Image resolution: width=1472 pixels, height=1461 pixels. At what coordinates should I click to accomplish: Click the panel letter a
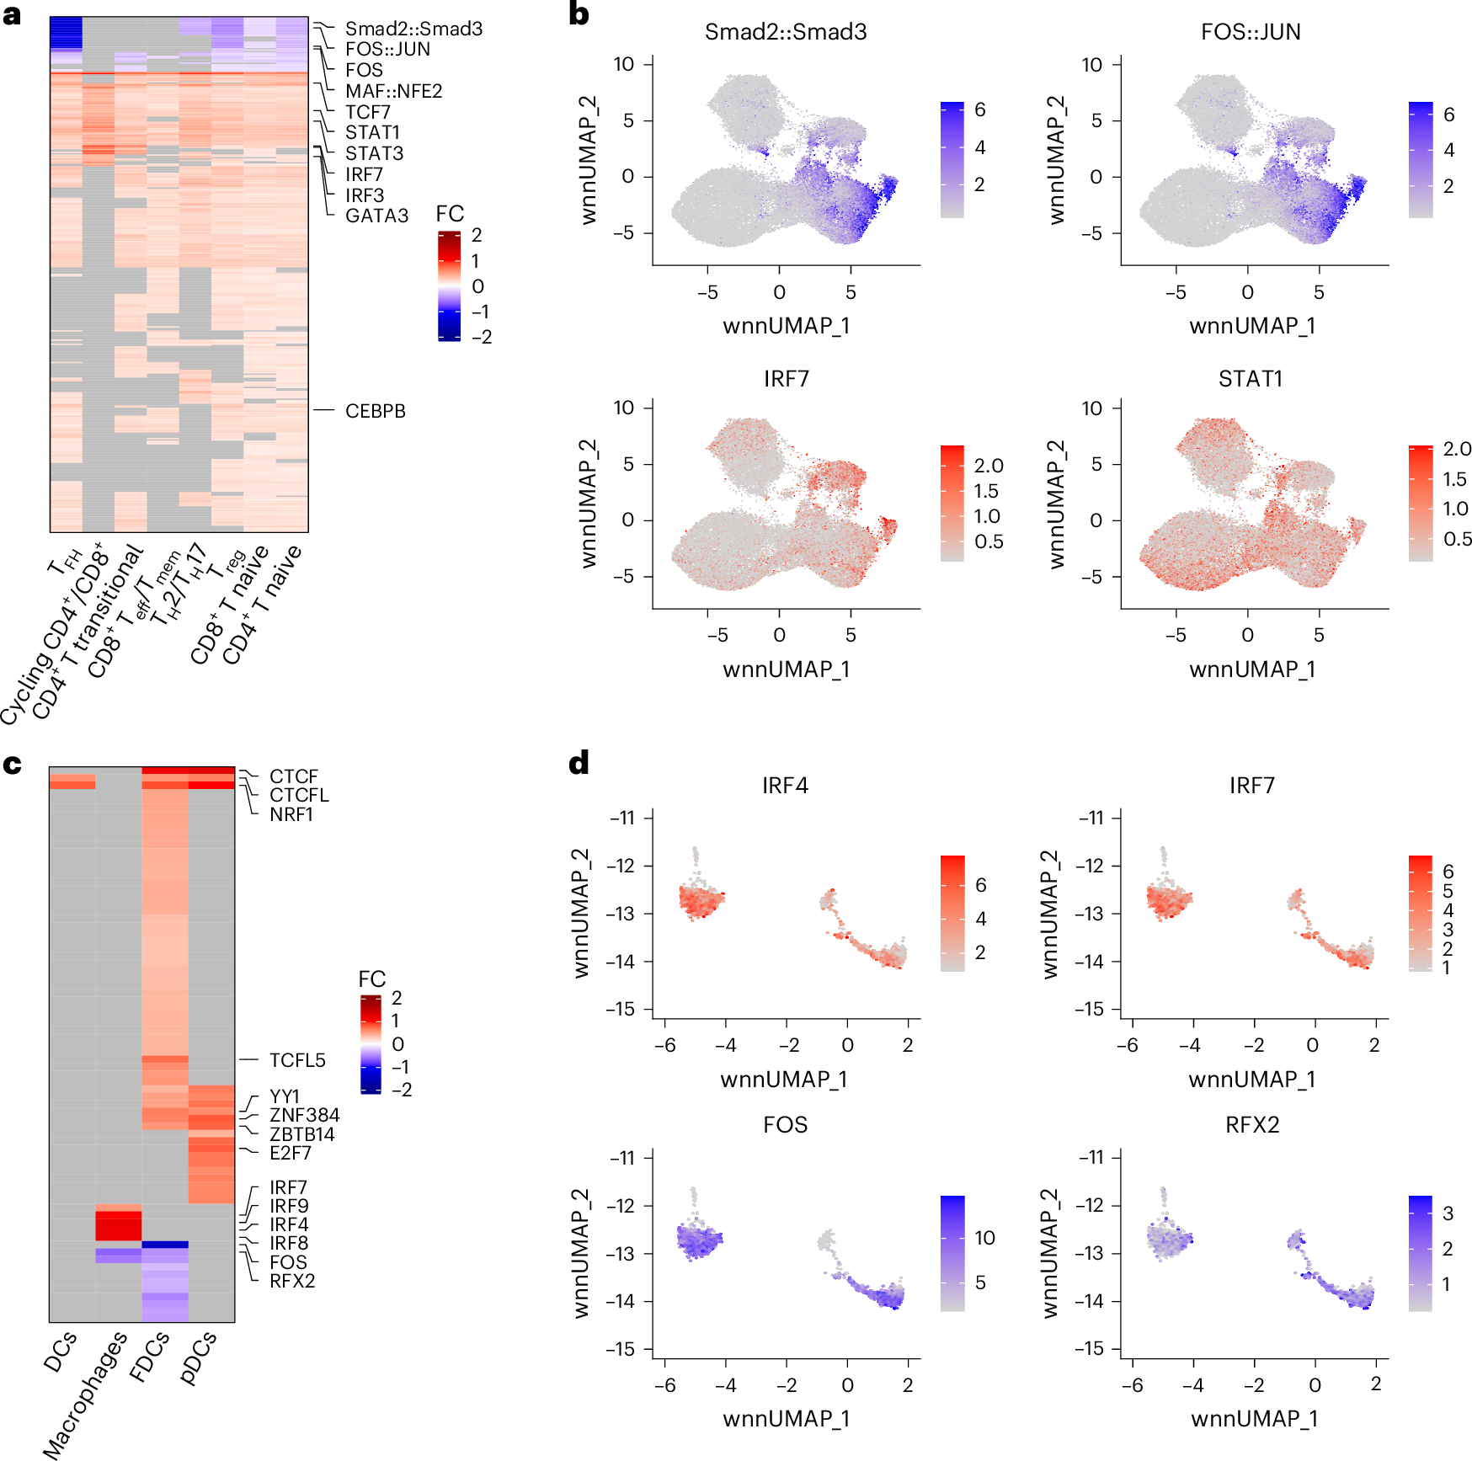[12, 15]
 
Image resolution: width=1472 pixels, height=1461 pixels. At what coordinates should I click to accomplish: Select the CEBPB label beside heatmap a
[375, 411]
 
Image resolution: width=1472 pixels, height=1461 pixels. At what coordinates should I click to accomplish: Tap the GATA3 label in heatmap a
[376, 216]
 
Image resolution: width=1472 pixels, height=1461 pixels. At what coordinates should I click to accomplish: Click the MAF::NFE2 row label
[393, 91]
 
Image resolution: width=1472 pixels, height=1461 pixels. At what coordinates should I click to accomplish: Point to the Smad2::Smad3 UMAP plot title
[785, 32]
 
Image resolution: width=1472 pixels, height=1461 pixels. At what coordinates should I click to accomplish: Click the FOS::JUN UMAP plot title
[1251, 32]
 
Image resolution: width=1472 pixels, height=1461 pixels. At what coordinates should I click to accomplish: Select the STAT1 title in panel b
[1251, 379]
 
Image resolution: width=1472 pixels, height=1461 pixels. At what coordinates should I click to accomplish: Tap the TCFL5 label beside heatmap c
[297, 1060]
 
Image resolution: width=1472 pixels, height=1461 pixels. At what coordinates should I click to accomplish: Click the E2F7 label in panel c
[290, 1153]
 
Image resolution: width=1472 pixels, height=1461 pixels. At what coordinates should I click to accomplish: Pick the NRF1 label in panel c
[291, 814]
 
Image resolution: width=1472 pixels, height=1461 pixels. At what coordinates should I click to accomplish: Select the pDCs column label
[199, 1357]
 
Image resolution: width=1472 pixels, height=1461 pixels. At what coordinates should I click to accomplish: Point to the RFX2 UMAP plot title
[1251, 1125]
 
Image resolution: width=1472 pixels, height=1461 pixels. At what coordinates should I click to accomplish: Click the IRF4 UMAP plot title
[785, 786]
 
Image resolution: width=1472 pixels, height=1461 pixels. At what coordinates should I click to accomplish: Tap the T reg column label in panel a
[227, 563]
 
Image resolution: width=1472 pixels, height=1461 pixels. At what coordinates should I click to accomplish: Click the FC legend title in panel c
[371, 979]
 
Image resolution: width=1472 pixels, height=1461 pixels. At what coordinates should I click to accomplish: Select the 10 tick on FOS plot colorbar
[984, 1238]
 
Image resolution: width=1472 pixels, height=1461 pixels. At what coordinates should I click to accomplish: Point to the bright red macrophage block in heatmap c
[118, 1225]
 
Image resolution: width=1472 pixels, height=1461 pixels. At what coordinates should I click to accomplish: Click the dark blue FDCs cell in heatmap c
[164, 1244]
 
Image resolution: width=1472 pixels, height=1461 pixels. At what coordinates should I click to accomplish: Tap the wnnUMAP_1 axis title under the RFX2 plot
[1254, 1419]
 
